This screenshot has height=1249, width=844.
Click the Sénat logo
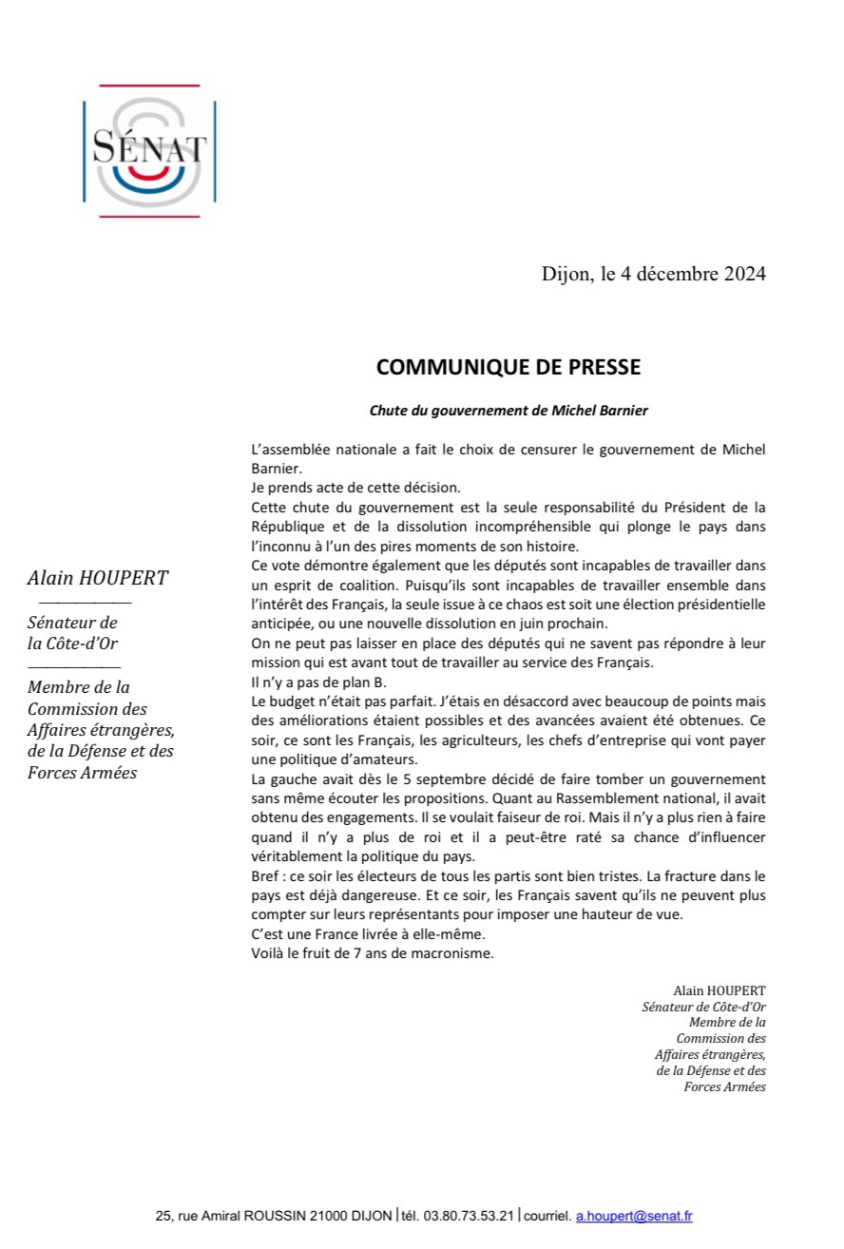(x=149, y=150)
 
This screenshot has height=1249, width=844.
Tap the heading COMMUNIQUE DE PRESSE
(x=508, y=367)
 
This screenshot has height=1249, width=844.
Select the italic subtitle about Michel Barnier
(x=508, y=411)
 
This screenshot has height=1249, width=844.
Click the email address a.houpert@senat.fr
(x=634, y=1217)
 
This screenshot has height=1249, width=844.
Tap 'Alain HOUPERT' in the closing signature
(x=719, y=990)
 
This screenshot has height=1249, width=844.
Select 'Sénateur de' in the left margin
(x=72, y=623)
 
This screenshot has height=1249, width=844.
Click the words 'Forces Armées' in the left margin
(x=82, y=772)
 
